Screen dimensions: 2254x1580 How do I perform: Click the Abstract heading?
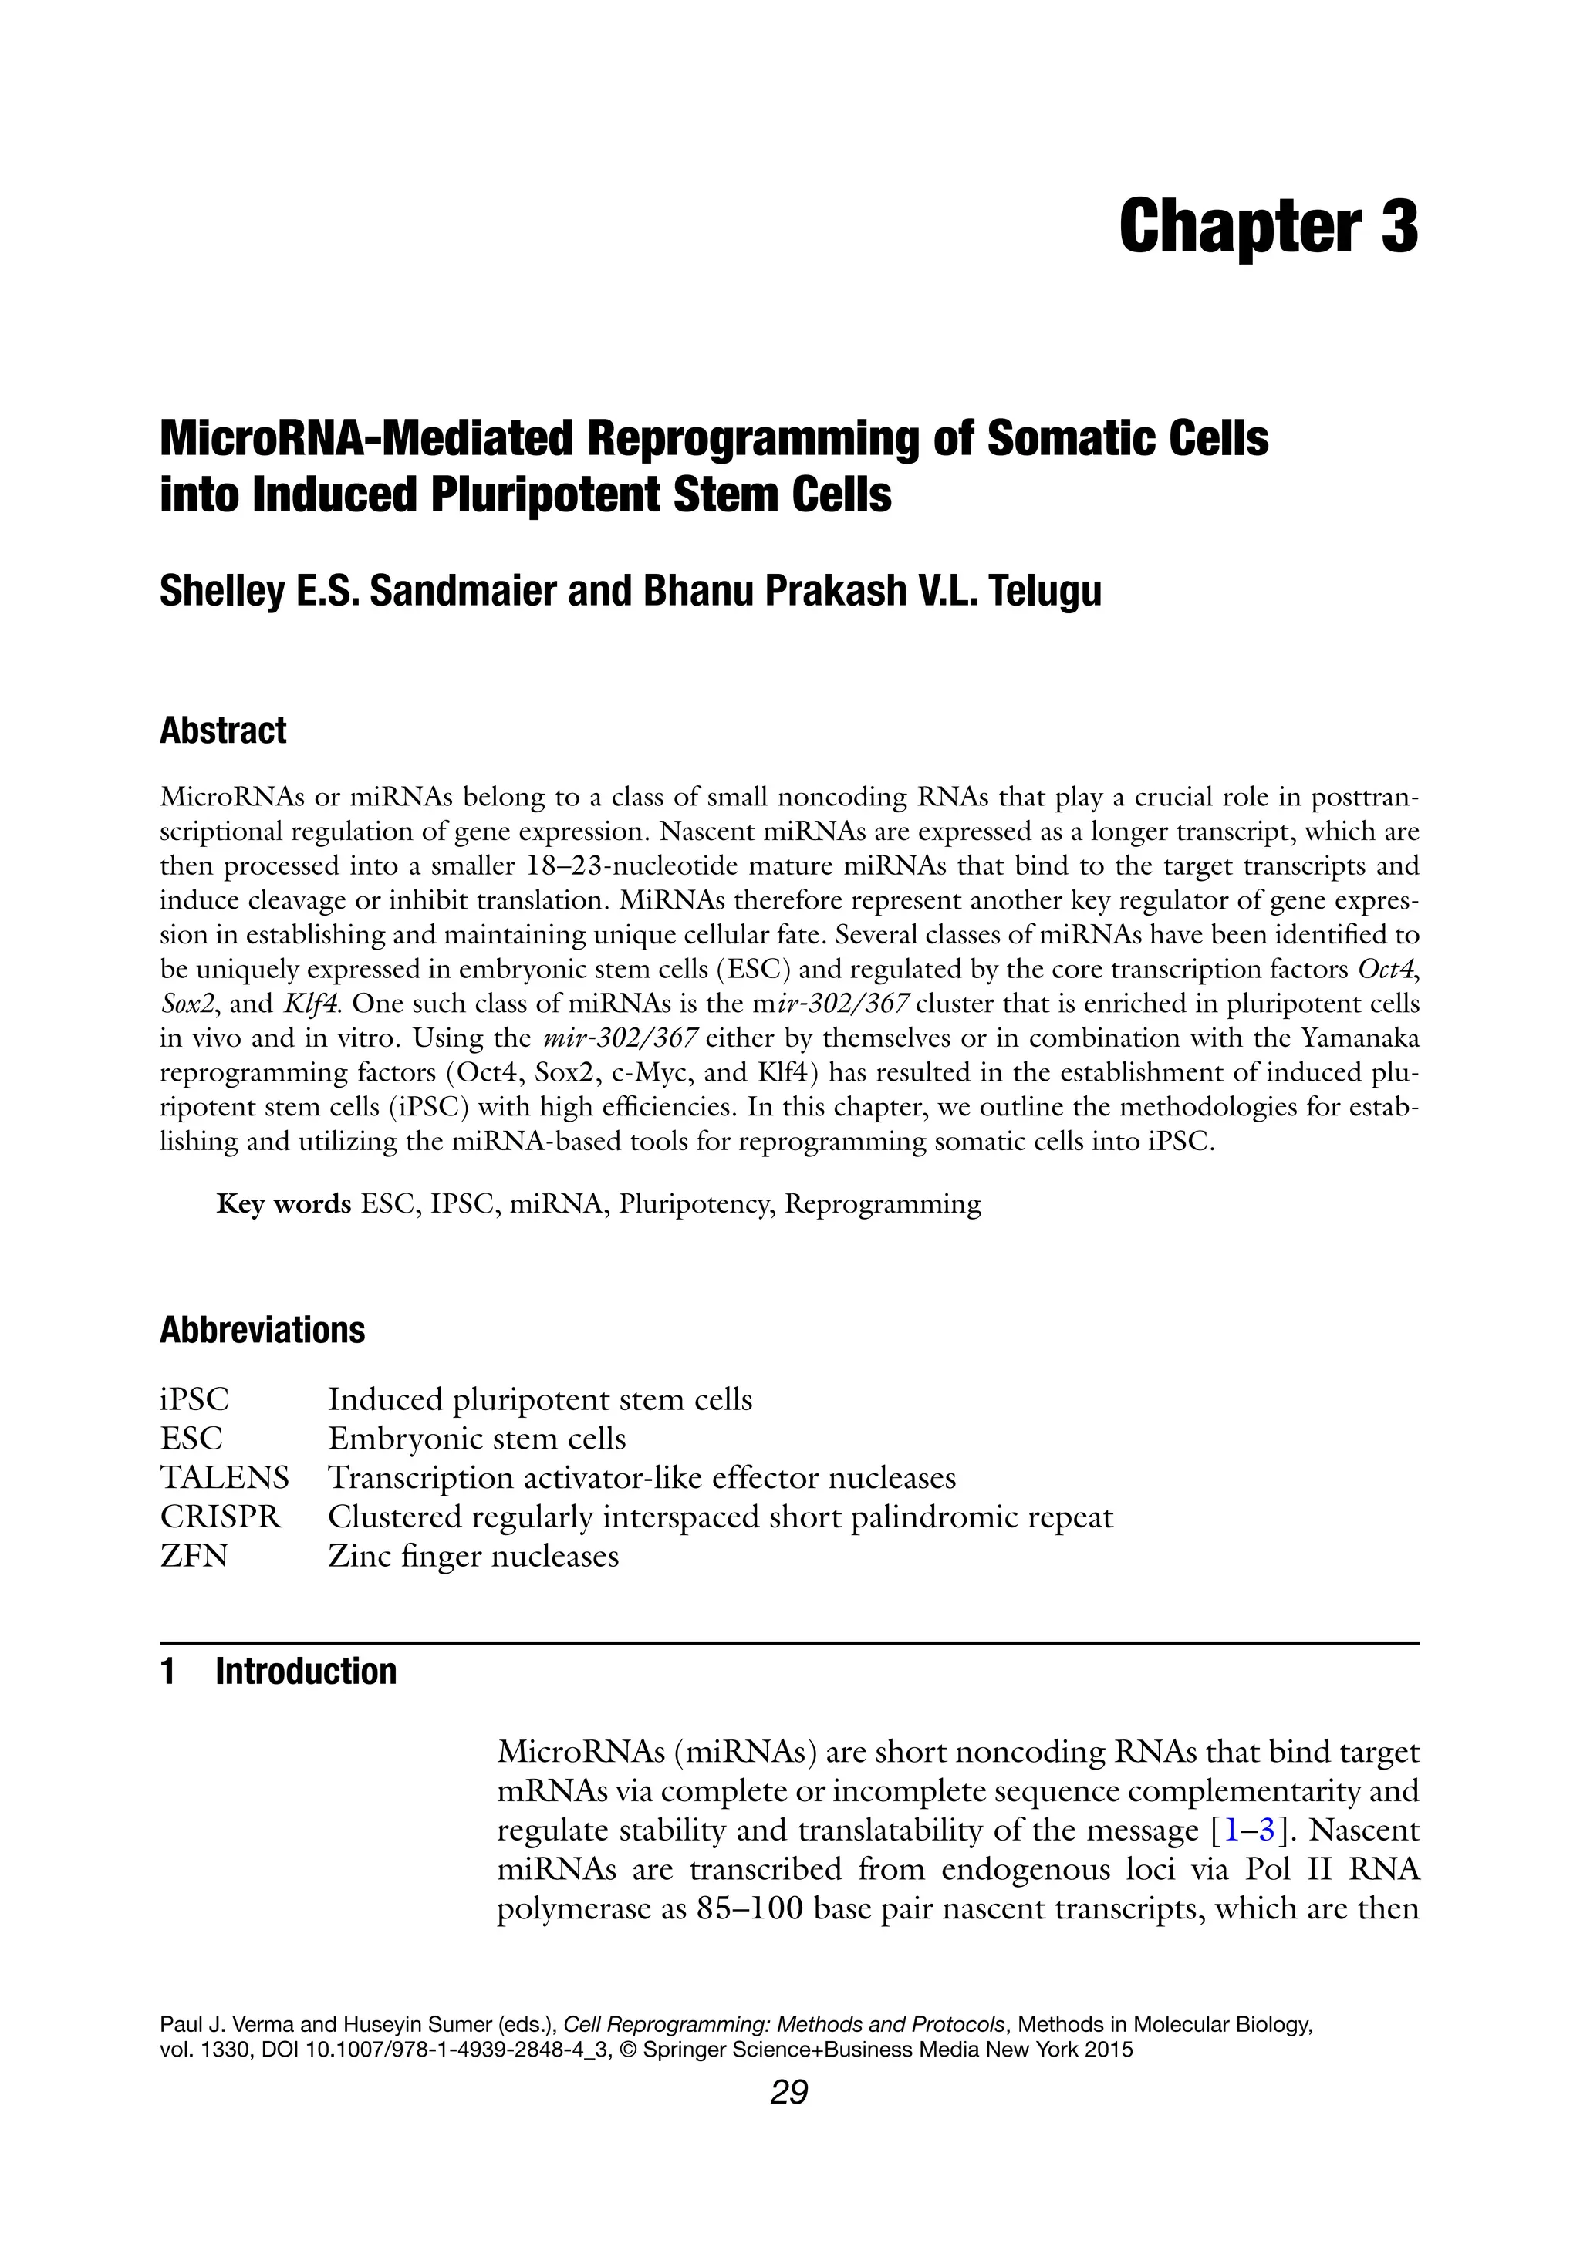[223, 731]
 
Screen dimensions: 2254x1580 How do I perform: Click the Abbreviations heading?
[262, 1330]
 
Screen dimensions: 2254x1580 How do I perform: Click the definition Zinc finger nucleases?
[474, 1556]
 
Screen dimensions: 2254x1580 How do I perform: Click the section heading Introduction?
[306, 1671]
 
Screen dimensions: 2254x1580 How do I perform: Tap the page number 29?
[788, 2121]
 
